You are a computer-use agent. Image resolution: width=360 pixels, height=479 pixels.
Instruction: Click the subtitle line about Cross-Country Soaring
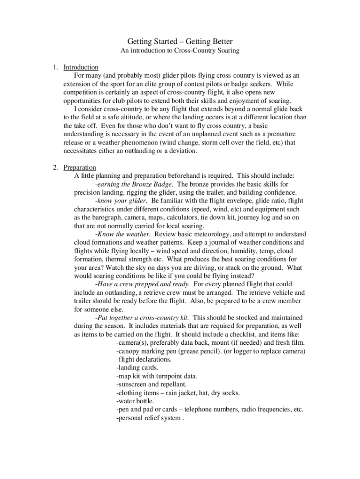pos(180,51)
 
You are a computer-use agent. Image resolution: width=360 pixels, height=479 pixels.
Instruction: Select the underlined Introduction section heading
pos(80,67)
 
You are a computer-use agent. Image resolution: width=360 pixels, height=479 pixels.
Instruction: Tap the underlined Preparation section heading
pos(79,167)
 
